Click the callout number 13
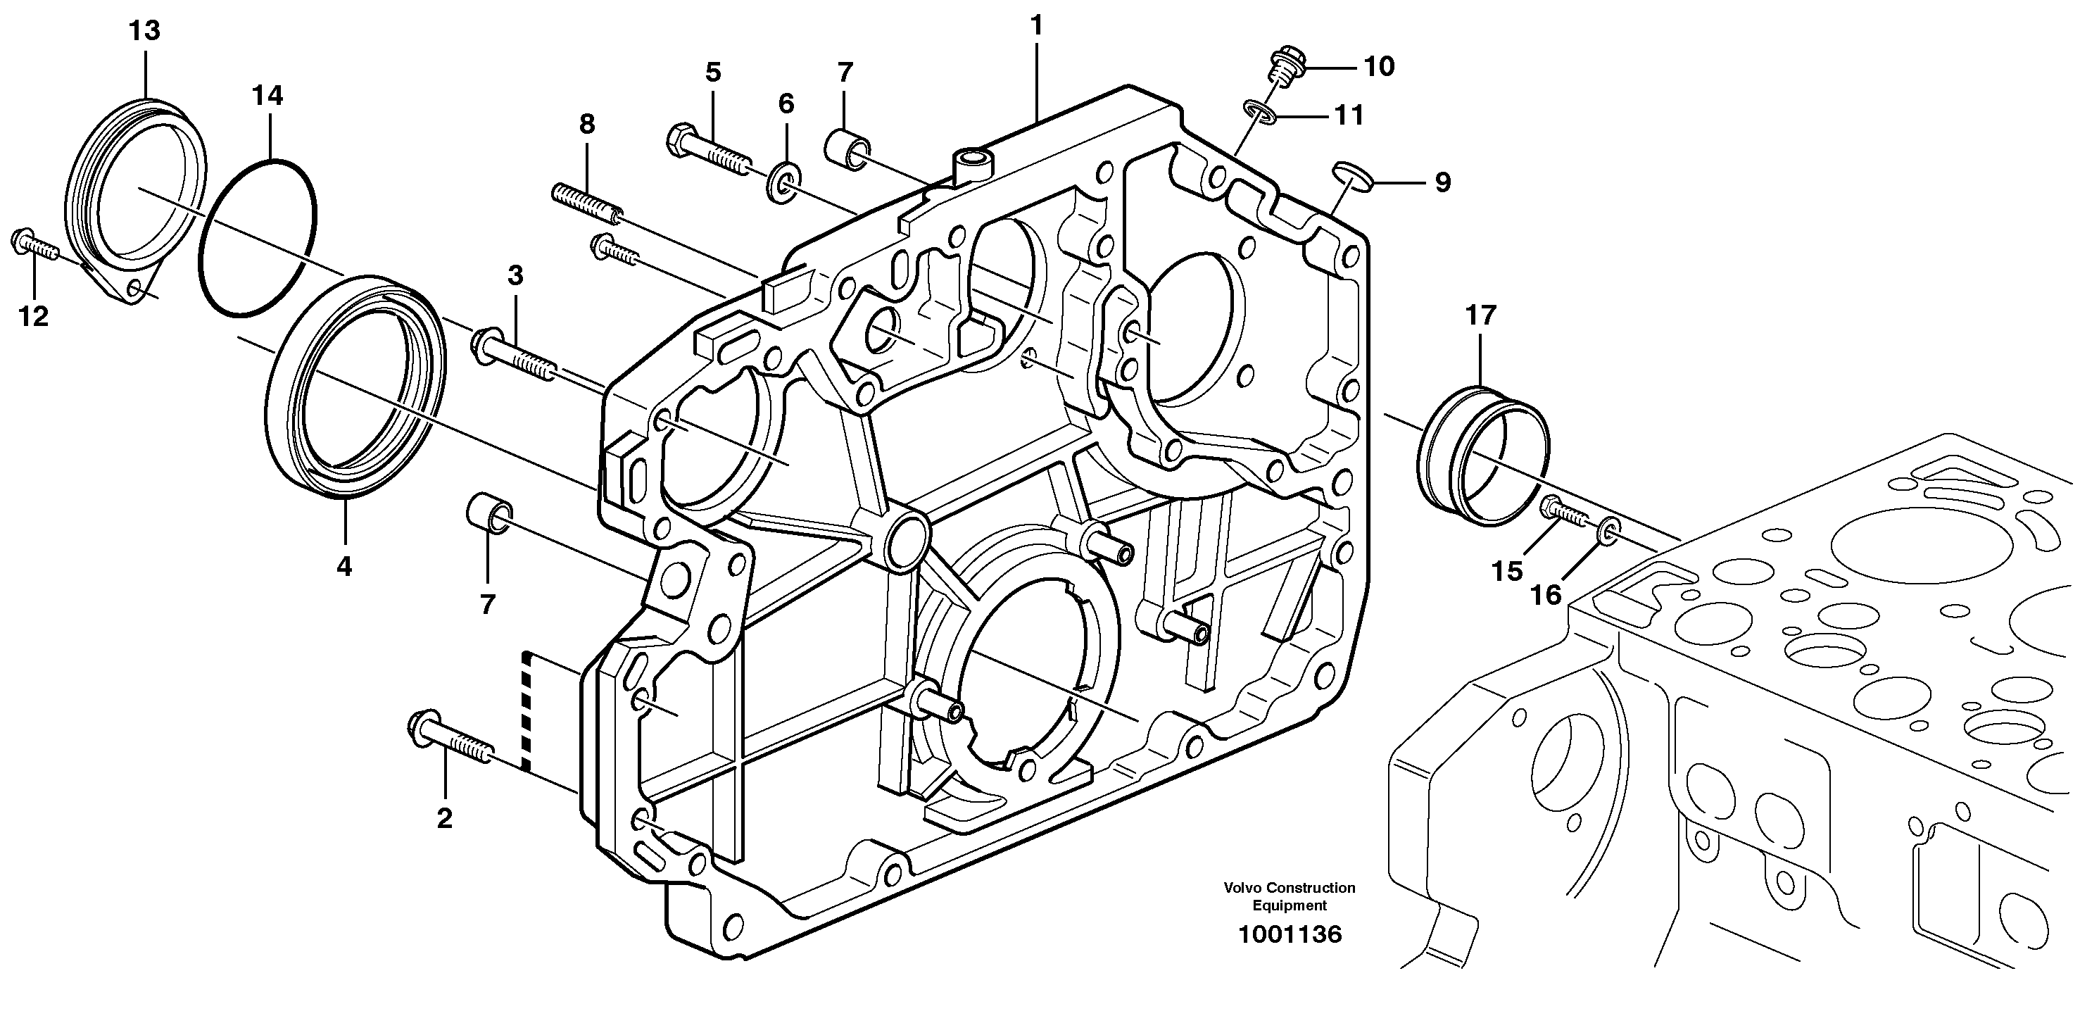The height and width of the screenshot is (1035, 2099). [x=145, y=32]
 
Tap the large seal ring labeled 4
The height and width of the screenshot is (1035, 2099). [x=356, y=385]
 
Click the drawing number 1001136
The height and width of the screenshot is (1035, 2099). [x=1289, y=935]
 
